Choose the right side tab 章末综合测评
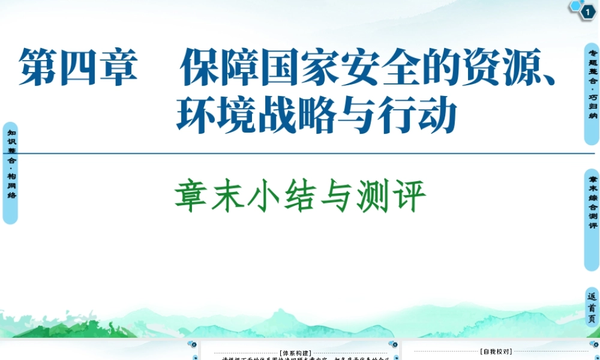tap(592, 220)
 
